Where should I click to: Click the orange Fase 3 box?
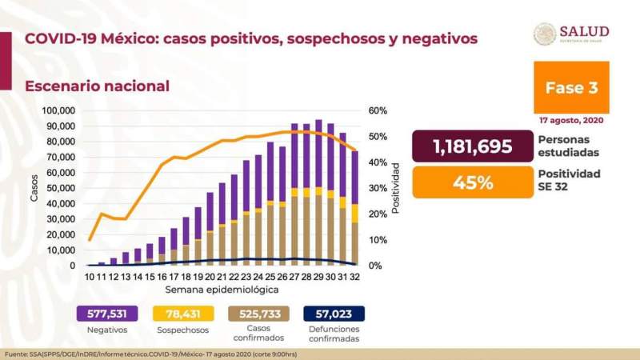coord(571,88)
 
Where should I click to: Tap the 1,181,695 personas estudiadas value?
coord(471,147)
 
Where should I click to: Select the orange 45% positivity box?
coord(471,182)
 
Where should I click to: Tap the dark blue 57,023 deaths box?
coord(334,314)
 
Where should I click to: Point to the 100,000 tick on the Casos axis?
coord(58,110)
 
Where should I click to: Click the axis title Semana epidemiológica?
coord(222,288)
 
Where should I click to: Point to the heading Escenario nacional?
coord(97,86)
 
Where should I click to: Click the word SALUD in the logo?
coord(585,31)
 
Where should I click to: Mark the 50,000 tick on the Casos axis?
coord(61,188)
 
